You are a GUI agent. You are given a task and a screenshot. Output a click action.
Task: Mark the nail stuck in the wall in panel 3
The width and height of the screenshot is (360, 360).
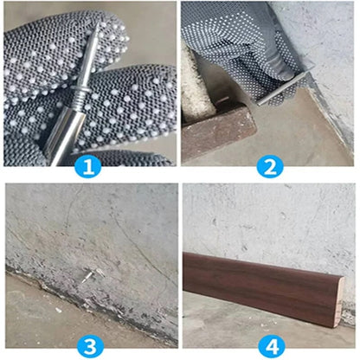click(89, 277)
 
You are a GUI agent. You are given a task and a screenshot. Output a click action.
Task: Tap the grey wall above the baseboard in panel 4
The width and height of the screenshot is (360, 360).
click(268, 216)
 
